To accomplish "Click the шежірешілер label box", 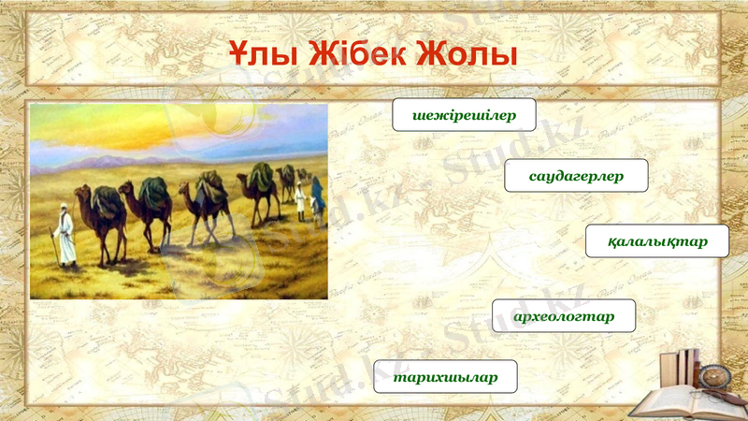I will point(464,114).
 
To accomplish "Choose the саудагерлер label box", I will point(576,176).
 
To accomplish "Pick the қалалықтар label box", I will point(657,241).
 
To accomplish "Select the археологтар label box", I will point(564,316).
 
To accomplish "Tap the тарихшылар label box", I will point(444,376).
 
